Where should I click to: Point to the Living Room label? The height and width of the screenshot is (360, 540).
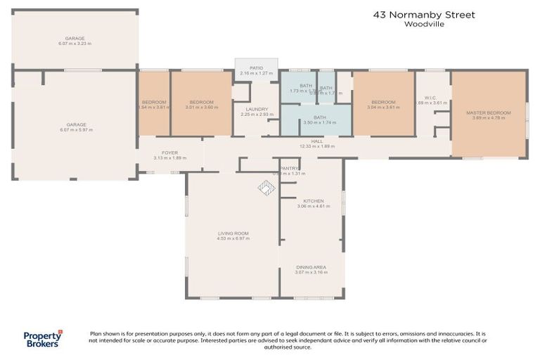233,233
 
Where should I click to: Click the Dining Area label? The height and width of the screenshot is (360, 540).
310,267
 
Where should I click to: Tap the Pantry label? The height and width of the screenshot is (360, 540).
290,168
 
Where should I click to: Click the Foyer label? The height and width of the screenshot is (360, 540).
169,153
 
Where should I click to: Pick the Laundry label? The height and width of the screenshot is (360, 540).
252,109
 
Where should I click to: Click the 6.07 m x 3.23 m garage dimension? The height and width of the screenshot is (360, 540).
75,44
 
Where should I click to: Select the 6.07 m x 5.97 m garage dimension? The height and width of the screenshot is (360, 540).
75,129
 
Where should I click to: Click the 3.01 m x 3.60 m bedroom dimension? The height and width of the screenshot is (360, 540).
201,107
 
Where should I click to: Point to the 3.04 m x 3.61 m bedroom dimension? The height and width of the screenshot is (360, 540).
383,107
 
